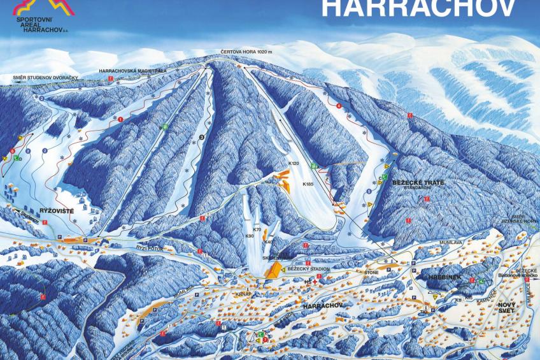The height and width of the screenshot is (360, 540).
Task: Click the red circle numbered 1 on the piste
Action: coord(120,119)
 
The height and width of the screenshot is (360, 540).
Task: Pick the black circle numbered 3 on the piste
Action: coord(202,136)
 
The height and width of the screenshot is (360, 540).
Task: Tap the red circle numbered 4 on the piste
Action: coord(339,106)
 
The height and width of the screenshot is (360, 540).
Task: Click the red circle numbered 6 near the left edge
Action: coord(12,151)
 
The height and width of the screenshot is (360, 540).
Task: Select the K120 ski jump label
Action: coord(294,164)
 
